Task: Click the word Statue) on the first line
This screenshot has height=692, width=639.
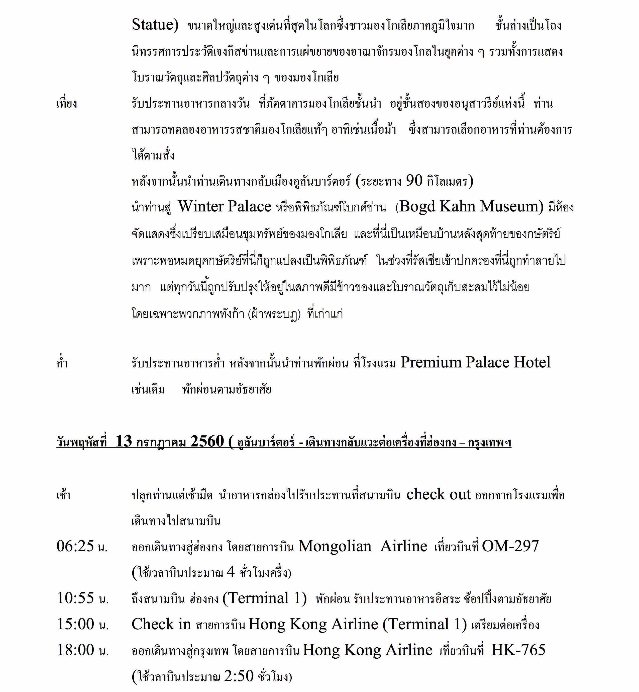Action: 155,25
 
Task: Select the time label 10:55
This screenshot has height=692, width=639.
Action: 76,598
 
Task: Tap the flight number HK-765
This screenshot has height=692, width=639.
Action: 518,650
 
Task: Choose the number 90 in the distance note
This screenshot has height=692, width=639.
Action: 414,180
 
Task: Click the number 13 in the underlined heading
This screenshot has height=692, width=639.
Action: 124,441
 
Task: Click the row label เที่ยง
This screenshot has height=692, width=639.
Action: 67,103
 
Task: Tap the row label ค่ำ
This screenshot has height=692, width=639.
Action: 62,363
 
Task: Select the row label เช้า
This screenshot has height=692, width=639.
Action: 63,495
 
